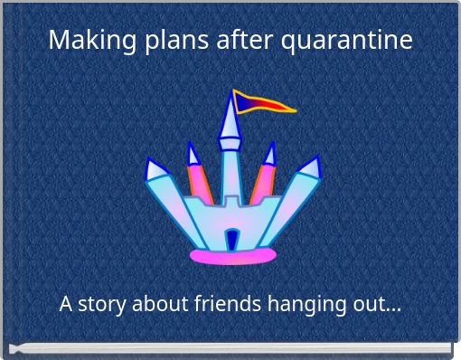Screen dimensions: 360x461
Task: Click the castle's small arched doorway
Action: pos(231,240)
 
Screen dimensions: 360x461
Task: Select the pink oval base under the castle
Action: pos(231,257)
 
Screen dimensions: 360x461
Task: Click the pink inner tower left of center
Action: pos(198,185)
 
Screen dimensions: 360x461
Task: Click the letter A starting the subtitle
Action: pos(66,304)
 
